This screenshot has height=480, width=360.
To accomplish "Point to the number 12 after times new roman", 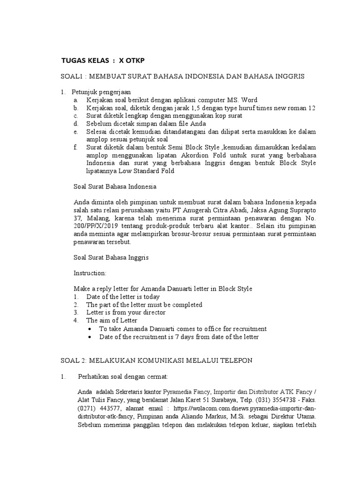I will point(311,108).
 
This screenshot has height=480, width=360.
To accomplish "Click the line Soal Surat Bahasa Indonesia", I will point(115,187).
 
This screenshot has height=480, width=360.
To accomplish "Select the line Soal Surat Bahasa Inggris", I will point(112,257).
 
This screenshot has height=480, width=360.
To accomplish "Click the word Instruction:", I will point(90,273).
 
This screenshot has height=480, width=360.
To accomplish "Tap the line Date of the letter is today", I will point(123,297).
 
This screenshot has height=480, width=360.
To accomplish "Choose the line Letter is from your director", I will point(126,312).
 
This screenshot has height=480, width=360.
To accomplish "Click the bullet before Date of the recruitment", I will point(90,337).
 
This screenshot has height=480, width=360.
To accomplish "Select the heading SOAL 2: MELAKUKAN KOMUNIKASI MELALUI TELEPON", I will point(157,360).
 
